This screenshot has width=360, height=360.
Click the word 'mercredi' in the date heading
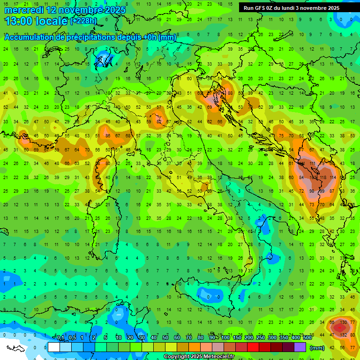click(23, 10)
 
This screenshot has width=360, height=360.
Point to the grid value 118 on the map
click(323, 178)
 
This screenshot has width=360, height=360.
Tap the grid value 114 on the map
click(333, 178)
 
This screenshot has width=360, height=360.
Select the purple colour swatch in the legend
click(300, 347)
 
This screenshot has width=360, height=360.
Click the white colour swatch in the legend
click(54, 347)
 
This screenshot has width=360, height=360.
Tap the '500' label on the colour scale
click(307, 337)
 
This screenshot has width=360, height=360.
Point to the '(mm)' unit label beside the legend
click(317, 348)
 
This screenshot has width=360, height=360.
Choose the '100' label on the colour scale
click(225, 337)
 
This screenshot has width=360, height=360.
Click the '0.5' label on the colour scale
click(73, 337)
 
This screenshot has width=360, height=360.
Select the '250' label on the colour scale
click(260, 337)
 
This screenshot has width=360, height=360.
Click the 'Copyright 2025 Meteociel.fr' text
click(199, 357)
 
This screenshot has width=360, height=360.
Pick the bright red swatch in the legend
click(253, 347)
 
